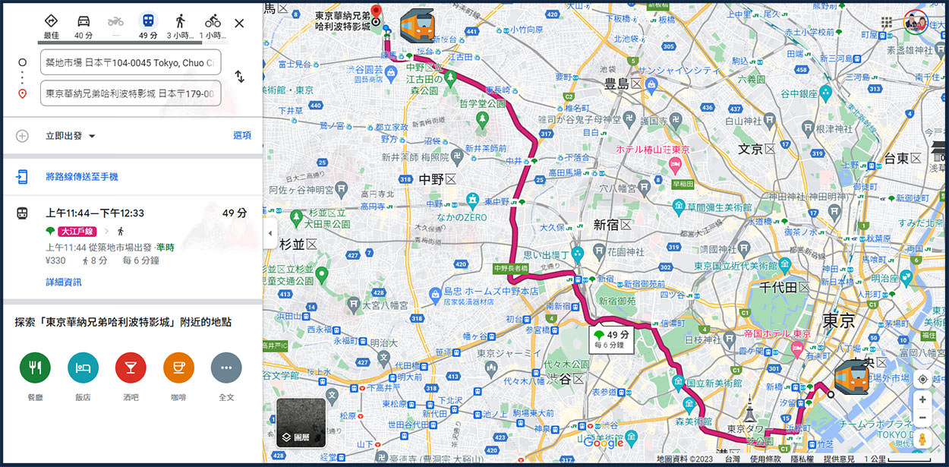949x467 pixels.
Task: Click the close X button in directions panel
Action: coord(239,23)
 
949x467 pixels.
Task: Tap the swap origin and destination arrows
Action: coord(239,77)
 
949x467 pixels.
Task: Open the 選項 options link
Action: coord(241,135)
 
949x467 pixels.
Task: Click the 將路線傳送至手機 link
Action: coord(82,177)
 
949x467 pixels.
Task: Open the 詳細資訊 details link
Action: coord(64,282)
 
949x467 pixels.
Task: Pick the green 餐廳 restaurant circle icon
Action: coord(35,368)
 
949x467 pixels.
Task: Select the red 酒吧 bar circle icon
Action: coord(131,368)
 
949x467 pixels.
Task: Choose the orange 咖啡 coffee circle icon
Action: coord(178,368)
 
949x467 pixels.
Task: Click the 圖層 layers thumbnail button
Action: coord(301,422)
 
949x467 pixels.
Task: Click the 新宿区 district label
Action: coord(613,225)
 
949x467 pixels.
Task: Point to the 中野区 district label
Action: coord(437,180)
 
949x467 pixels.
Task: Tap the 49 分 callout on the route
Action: coord(613,339)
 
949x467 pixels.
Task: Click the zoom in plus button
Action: coord(922,399)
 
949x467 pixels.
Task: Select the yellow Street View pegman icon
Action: coord(922,440)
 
